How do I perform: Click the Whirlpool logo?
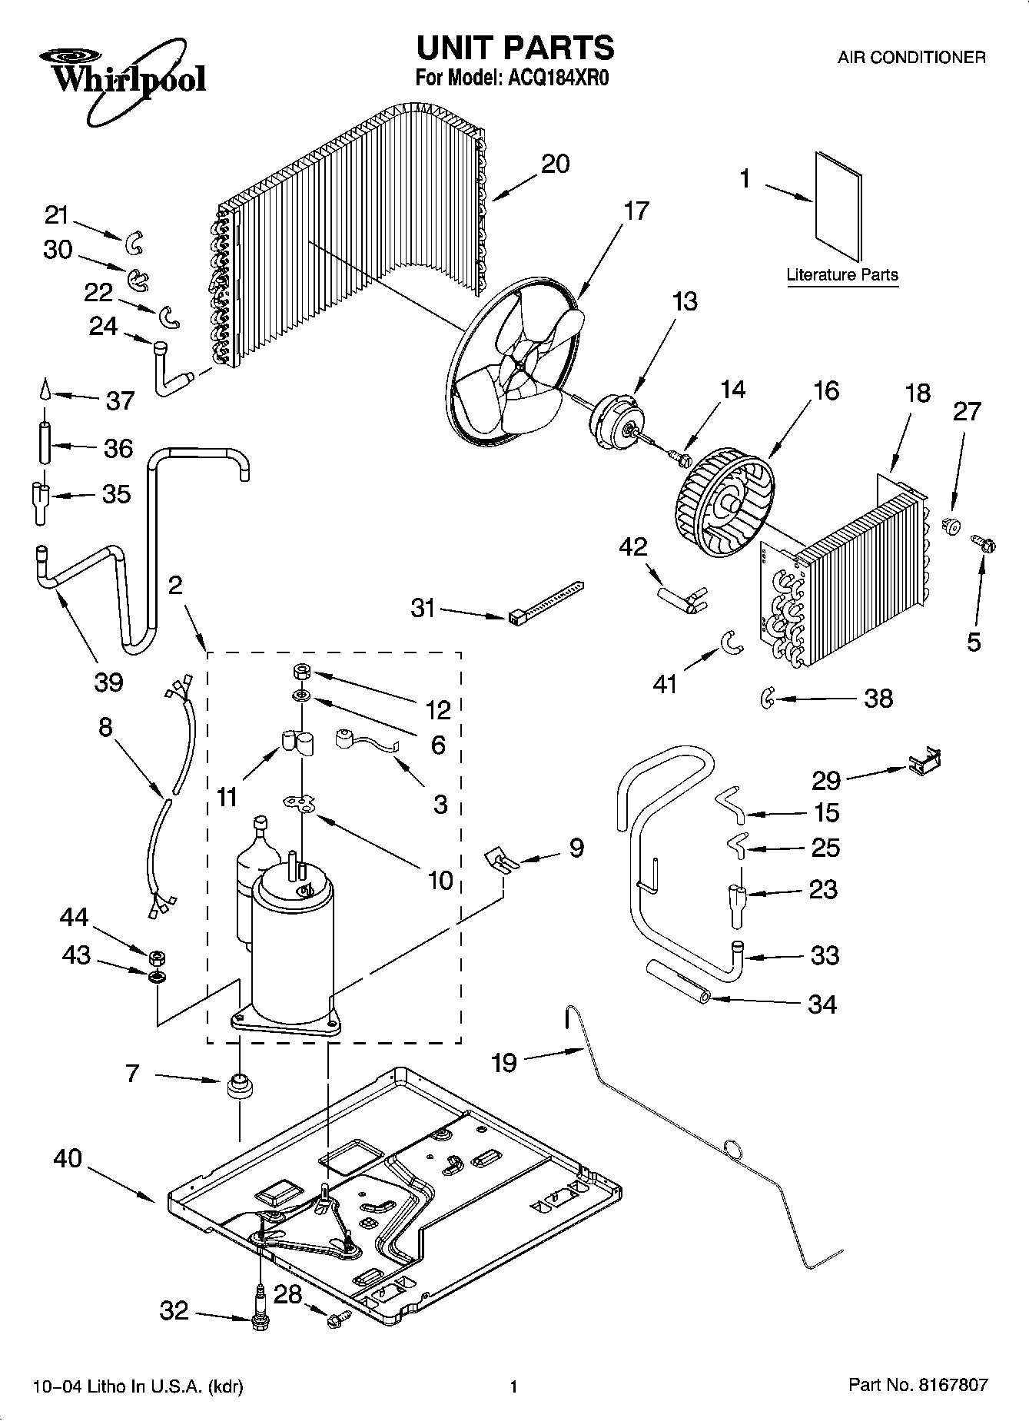(123, 81)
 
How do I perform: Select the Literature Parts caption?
(842, 274)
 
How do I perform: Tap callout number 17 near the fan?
(636, 211)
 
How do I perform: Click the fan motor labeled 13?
(616, 415)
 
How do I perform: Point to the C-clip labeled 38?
(766, 698)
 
